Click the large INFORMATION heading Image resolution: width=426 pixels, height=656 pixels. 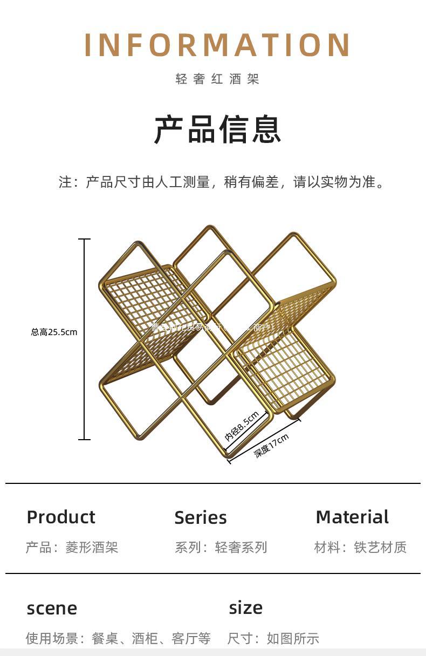pyautogui.click(x=217, y=45)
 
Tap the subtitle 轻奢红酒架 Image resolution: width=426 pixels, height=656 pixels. pyautogui.click(x=217, y=79)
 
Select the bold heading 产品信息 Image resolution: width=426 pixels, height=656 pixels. pyautogui.click(x=217, y=129)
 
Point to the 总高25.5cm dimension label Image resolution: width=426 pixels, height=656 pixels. pyautogui.click(x=54, y=332)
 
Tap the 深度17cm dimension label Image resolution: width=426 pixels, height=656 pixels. pyautogui.click(x=272, y=445)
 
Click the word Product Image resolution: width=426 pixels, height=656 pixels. pyautogui.click(x=61, y=517)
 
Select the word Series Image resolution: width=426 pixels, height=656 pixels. pyautogui.click(x=201, y=517)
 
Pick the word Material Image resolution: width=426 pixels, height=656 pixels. pyautogui.click(x=352, y=517)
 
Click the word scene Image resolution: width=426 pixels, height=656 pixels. pyautogui.click(x=52, y=609)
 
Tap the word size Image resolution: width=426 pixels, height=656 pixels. pyautogui.click(x=246, y=607)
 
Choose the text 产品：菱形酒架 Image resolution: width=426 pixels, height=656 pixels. pyautogui.click(x=72, y=548)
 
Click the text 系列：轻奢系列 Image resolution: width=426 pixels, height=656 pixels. pyautogui.click(x=221, y=548)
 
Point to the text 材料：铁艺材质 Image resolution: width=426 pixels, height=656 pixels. pyautogui.click(x=360, y=548)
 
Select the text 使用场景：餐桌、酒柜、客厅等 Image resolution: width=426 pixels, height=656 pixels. pyautogui.click(x=118, y=639)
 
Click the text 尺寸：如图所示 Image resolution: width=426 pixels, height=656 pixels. pyautogui.click(x=273, y=639)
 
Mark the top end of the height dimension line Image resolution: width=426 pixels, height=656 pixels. pyautogui.click(x=85, y=239)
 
